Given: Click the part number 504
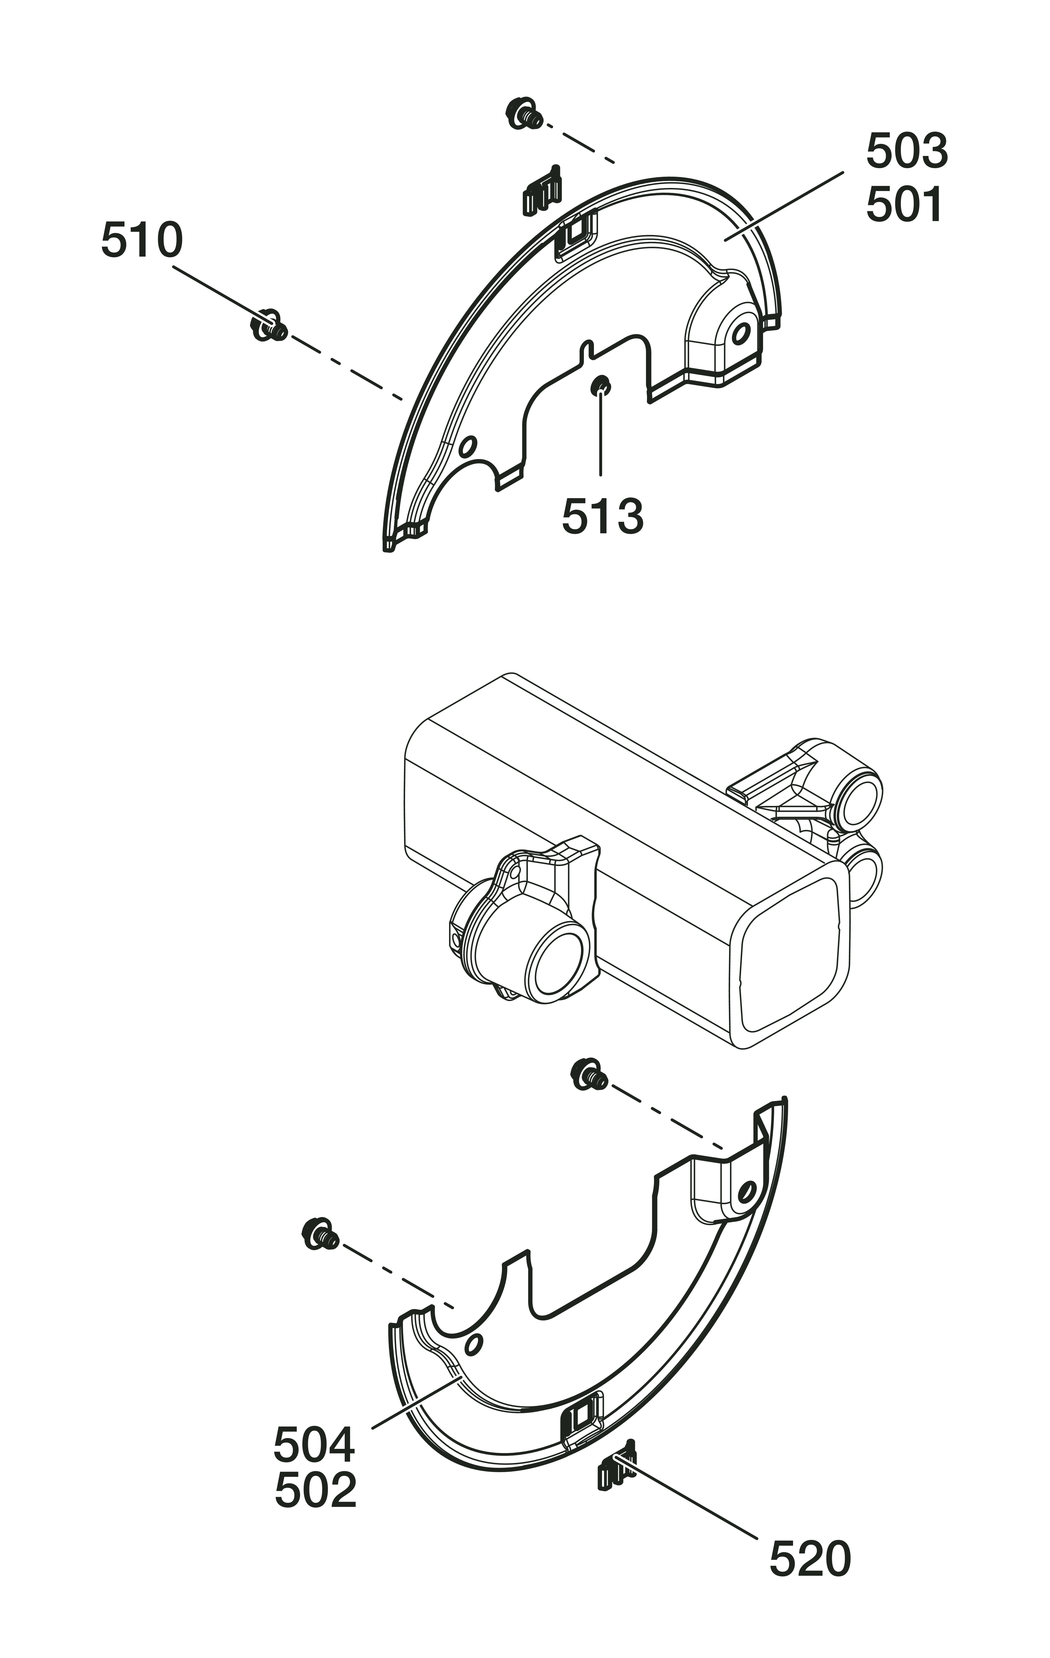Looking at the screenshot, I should (x=315, y=1445).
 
